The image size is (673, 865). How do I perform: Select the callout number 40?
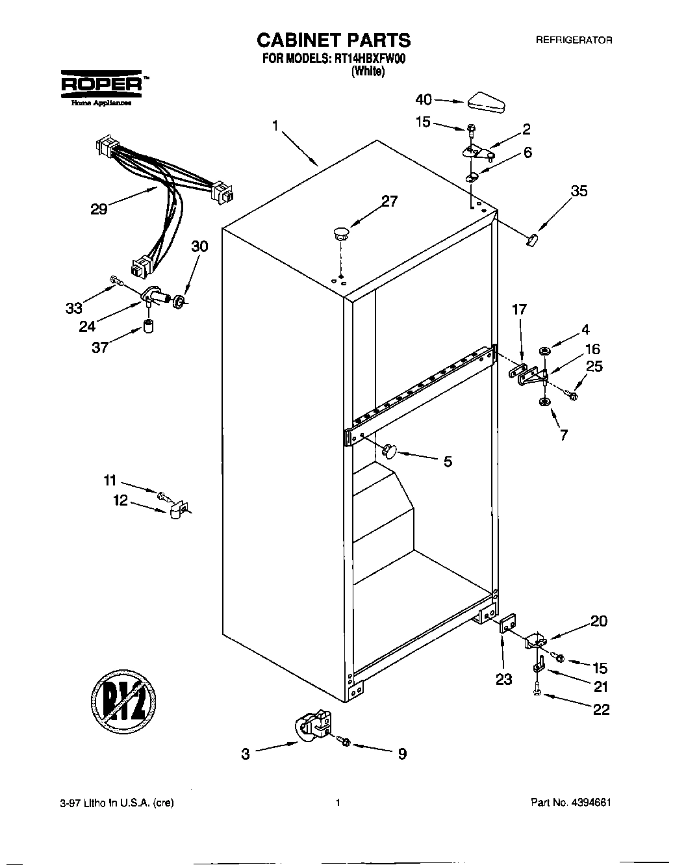(x=424, y=99)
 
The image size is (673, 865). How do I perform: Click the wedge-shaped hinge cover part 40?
(x=485, y=101)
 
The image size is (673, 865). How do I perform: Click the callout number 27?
(x=389, y=201)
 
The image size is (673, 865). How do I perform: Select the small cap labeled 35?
(x=533, y=240)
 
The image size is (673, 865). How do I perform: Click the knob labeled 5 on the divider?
(x=389, y=449)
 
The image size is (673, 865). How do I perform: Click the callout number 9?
(x=402, y=754)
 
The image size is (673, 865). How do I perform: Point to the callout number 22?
(x=602, y=709)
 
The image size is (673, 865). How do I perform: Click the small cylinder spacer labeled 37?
(x=149, y=326)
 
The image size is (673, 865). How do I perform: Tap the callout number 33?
(x=74, y=309)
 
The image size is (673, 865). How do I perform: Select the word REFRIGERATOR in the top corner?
(x=574, y=40)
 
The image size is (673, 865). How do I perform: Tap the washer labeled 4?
(x=544, y=352)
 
